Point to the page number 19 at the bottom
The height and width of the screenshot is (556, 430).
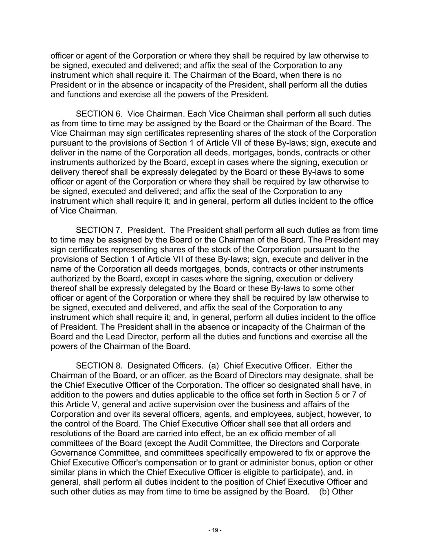[x=215, y=530]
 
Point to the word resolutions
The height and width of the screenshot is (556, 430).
[x=70, y=433]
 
